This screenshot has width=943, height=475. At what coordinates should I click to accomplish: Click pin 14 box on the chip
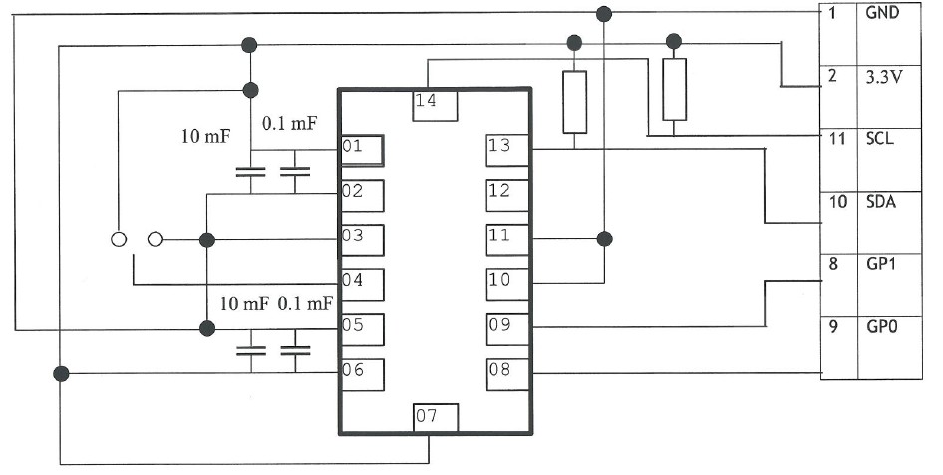coord(435,106)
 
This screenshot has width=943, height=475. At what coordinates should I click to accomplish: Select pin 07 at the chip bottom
coord(436,418)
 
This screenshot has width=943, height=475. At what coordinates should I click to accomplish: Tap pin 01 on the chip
coord(362,150)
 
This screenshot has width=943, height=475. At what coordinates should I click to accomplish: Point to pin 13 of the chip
coord(507,150)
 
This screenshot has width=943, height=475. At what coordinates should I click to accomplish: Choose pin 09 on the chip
coord(507,330)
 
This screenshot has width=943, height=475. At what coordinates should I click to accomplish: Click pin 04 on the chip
coord(362,285)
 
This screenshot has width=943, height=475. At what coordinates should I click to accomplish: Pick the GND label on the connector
coord(882,12)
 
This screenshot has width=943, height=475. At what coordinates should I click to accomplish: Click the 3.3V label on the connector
coord(883,77)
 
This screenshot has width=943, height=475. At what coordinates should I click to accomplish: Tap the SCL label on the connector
coord(880,139)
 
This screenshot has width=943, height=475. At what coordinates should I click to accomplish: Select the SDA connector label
coord(881,202)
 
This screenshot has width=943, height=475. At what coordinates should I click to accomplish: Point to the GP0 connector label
coord(881,327)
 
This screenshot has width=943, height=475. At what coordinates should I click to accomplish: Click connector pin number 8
coord(833,264)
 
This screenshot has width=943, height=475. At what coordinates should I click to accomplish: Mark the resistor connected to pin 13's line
coord(575,102)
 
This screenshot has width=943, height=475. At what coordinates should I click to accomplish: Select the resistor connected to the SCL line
coord(674,89)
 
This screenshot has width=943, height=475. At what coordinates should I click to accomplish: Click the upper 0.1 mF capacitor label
coord(290,124)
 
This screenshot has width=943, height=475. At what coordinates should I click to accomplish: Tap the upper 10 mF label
coord(205,136)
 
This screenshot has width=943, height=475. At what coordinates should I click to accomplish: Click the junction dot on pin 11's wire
coord(604,239)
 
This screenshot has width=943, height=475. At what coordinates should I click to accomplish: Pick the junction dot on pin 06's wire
coord(61,374)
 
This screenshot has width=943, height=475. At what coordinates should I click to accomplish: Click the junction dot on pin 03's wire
coord(207,240)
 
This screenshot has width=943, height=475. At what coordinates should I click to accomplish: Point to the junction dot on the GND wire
coord(604,13)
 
